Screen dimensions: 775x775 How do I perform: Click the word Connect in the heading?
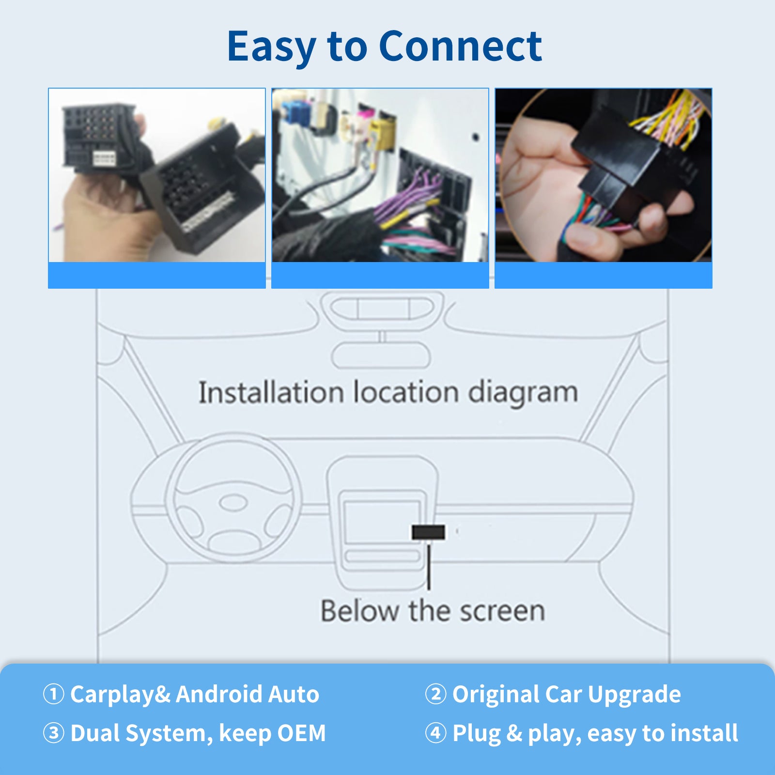pos(460,46)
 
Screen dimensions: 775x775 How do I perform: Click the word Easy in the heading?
pos(271,47)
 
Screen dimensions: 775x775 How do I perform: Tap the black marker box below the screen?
pos(428,532)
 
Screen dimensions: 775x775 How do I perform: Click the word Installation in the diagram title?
pos(271,392)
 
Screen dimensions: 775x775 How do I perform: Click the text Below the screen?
pos(433,611)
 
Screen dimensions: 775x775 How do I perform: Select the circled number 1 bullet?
pos(54,694)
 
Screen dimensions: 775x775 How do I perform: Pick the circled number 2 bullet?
pos(435,694)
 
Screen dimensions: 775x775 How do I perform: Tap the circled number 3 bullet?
pos(54,733)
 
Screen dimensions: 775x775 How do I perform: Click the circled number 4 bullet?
pos(435,733)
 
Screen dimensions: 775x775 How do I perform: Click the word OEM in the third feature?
pos(300,733)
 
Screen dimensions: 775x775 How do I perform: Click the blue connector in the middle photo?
pos(294,114)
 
